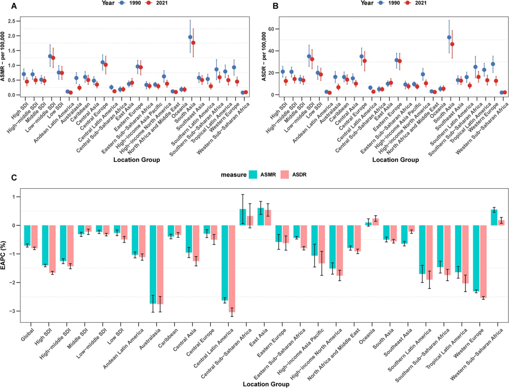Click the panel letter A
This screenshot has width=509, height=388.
click(x=14, y=6)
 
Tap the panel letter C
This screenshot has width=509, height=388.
click(x=14, y=177)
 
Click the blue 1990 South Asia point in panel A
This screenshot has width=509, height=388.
click(x=190, y=37)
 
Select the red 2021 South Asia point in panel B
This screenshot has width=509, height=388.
click(x=452, y=44)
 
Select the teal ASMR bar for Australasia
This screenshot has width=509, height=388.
click(x=153, y=265)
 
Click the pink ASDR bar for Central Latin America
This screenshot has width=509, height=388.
click(x=232, y=269)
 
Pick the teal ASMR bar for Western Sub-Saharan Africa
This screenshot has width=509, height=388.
click(x=494, y=217)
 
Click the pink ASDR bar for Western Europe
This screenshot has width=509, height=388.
click(x=483, y=262)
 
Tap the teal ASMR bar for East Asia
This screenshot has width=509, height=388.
click(x=261, y=217)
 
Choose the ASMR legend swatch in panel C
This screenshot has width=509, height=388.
click(x=253, y=174)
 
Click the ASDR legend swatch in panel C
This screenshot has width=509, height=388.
click(x=284, y=174)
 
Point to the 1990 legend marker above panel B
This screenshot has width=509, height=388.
click(x=381, y=3)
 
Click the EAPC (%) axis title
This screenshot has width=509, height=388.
click(x=3, y=255)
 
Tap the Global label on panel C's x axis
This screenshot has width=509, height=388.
click(x=28, y=335)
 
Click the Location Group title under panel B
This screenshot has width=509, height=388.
click(x=396, y=160)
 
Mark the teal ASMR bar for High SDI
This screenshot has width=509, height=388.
click(x=45, y=245)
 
